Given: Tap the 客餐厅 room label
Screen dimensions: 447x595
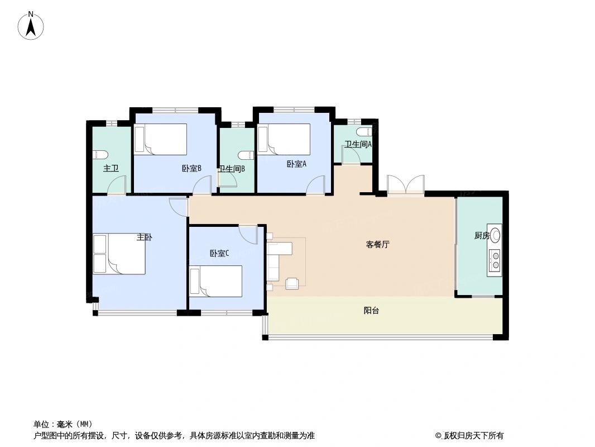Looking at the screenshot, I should click(377, 244).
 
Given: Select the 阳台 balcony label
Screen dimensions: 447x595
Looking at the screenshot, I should click(371, 311).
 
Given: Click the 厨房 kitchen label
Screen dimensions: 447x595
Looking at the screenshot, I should click(482, 236).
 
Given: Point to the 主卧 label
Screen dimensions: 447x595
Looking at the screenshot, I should click(144, 237).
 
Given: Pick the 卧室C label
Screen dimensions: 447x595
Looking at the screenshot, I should click(219, 253).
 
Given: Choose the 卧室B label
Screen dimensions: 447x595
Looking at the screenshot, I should click(191, 168).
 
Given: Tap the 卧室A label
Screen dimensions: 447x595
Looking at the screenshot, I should click(296, 164).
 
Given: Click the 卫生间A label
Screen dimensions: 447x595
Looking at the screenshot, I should click(358, 144).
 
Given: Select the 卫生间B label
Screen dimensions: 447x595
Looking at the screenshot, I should click(232, 168).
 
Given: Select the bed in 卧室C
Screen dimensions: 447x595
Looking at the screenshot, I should click(216, 280).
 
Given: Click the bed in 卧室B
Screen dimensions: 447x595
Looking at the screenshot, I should click(161, 139).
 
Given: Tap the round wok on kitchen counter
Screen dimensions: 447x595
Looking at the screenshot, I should click(496, 235).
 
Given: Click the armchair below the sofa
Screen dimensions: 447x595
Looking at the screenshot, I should click(292, 283).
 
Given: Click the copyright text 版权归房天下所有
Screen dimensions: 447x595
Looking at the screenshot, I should click(474, 435).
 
